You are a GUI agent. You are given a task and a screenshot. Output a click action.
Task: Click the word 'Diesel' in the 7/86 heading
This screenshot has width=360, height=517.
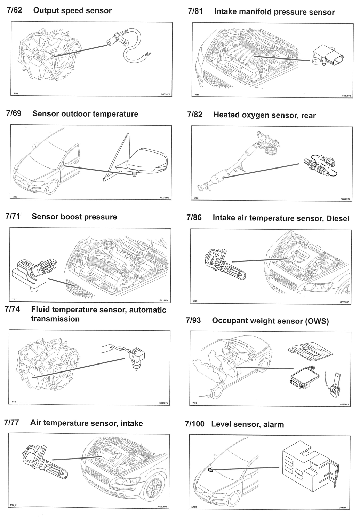point(337,219)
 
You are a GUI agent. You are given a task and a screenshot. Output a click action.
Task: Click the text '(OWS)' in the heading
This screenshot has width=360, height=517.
point(317,321)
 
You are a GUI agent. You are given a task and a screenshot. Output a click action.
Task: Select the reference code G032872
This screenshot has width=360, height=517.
point(165,94)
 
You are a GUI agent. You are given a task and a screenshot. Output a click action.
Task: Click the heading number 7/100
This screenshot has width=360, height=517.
point(195,424)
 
